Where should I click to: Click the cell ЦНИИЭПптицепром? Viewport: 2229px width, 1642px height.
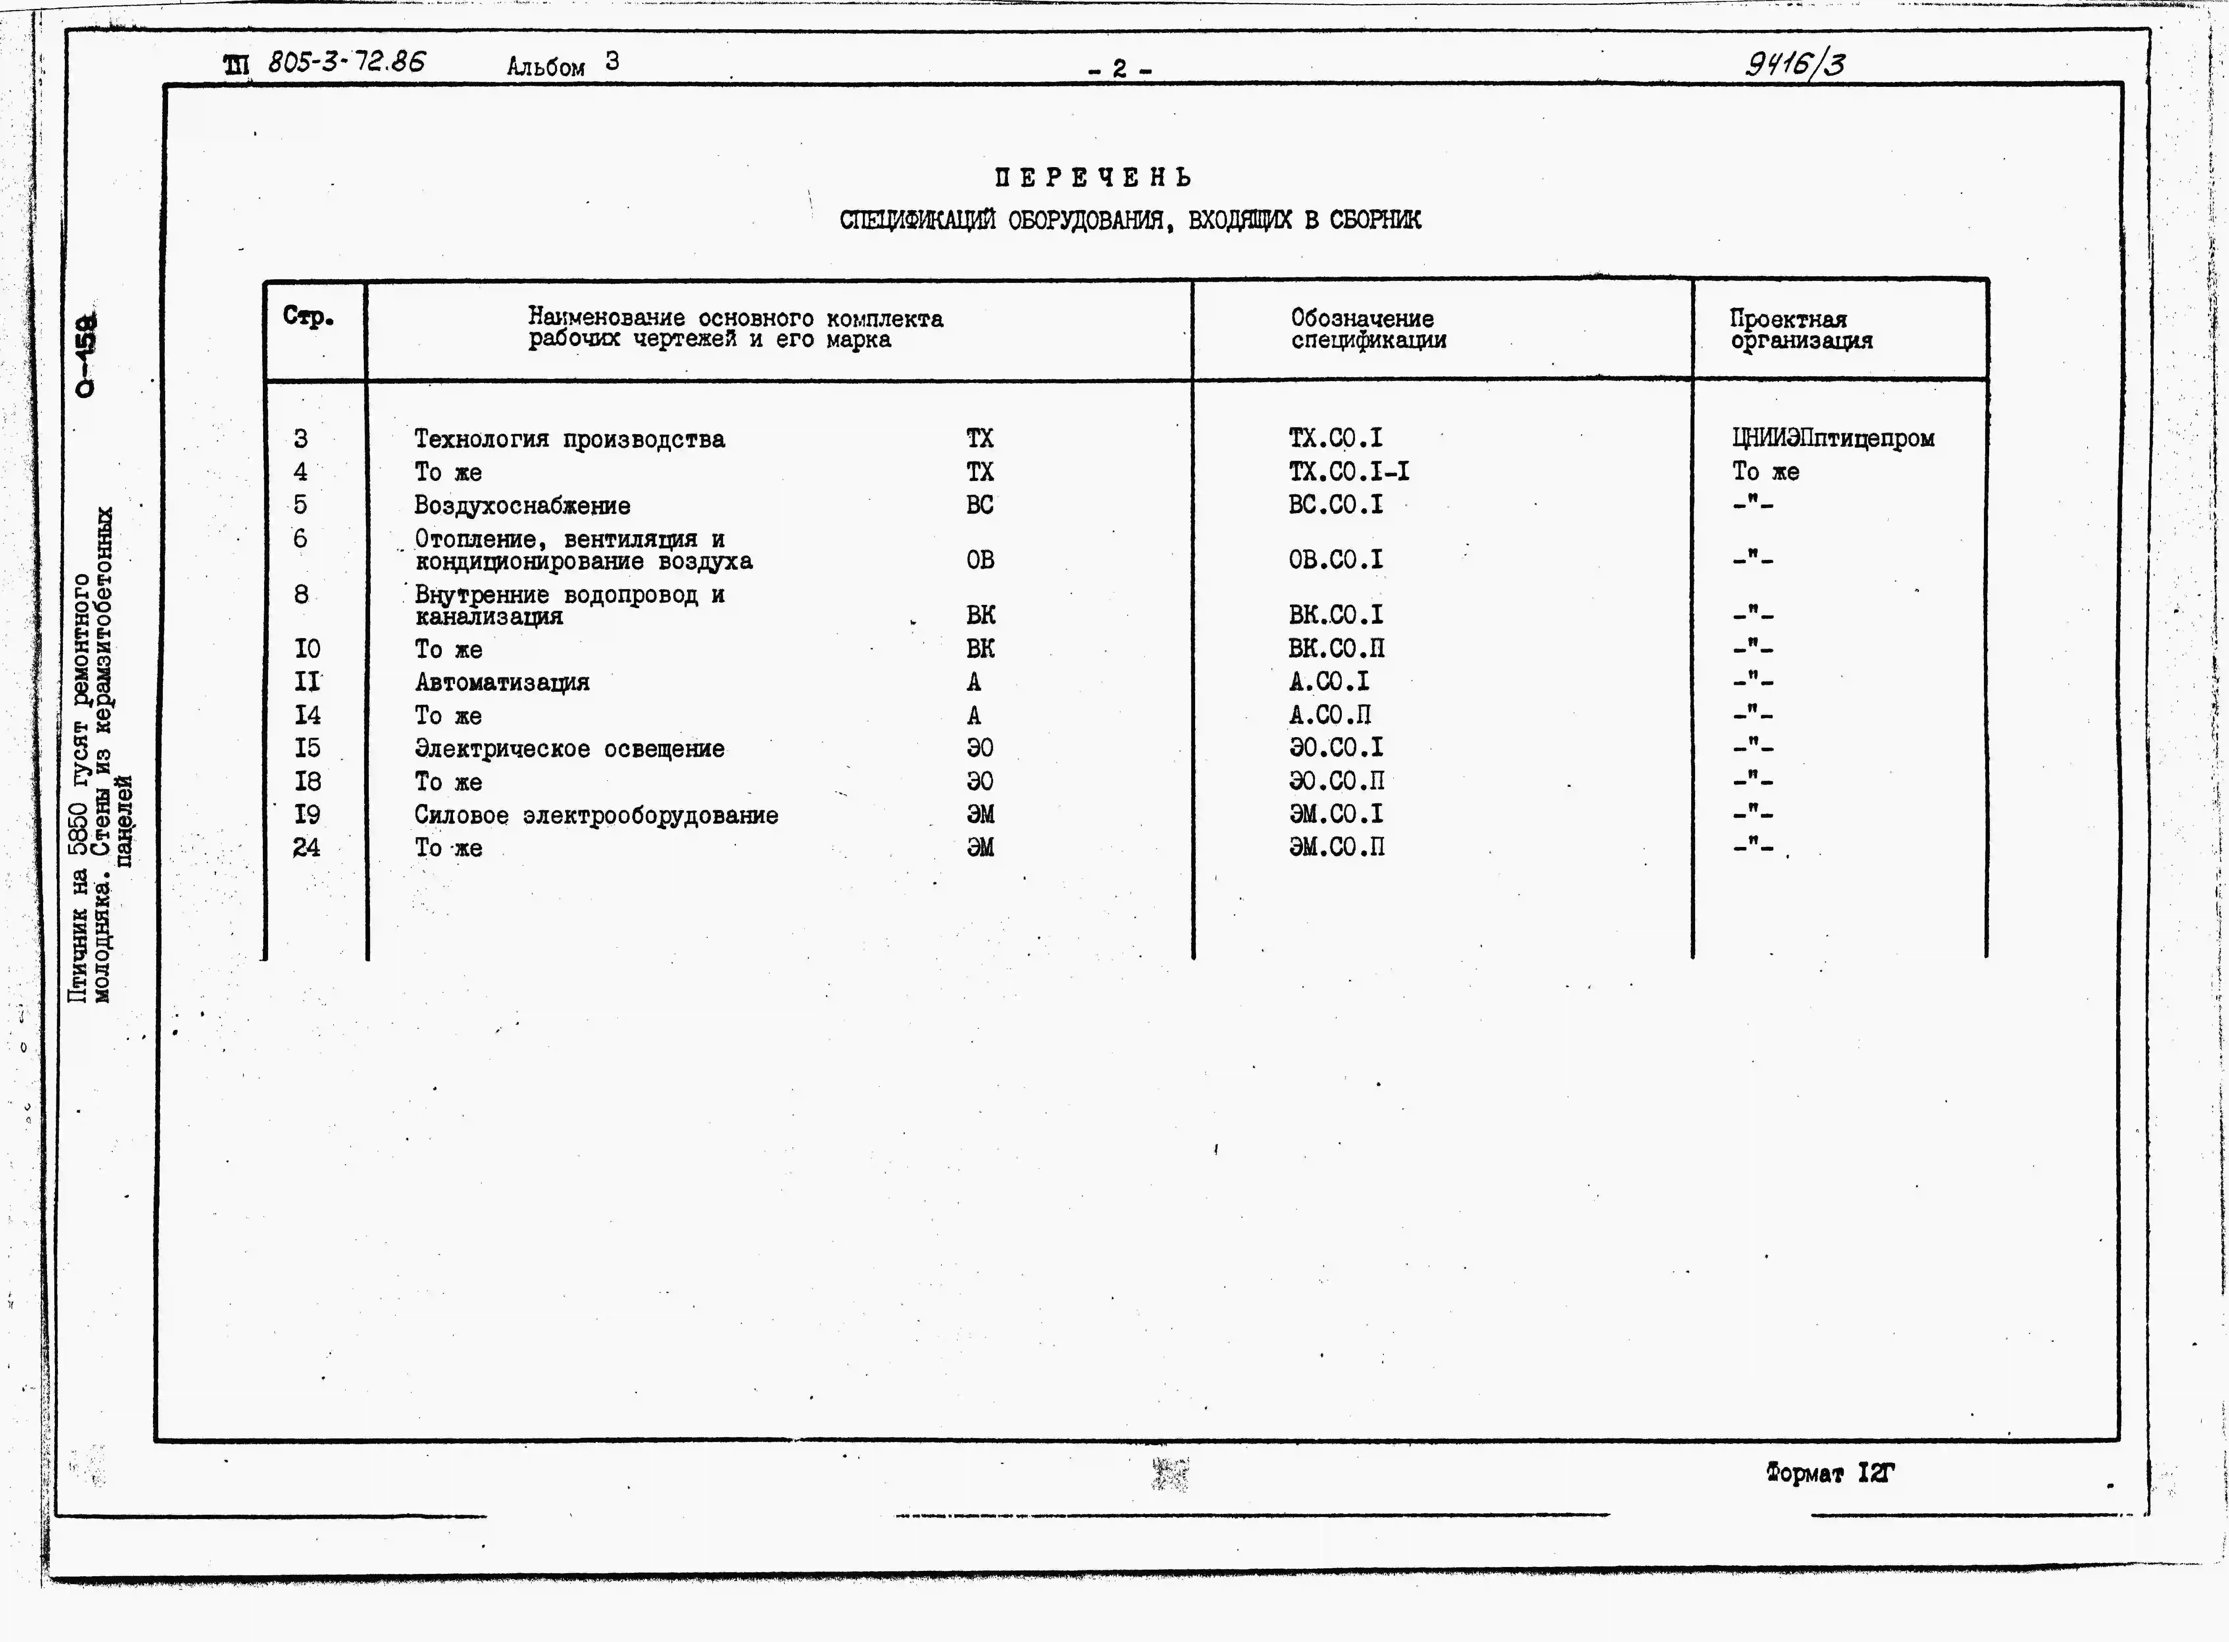1833,438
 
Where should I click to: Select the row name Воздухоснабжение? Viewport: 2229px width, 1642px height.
522,506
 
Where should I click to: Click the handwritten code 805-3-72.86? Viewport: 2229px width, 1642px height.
346,62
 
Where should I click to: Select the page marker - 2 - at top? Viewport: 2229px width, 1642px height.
1119,70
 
